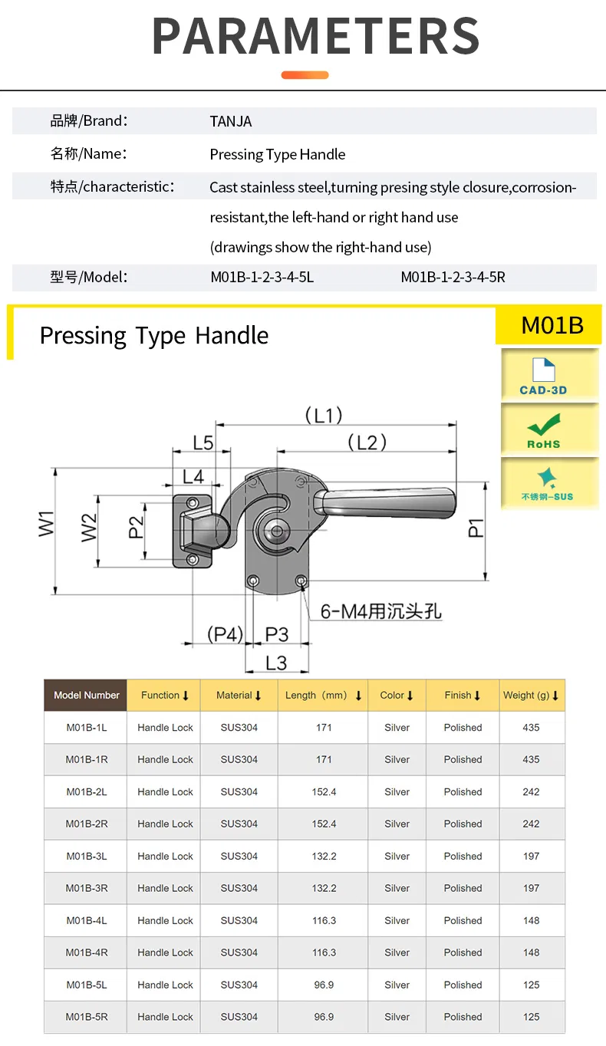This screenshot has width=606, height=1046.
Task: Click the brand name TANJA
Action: tap(230, 121)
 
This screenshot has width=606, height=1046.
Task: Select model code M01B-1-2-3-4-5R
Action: tap(453, 277)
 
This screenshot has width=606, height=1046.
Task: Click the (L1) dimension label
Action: tap(323, 416)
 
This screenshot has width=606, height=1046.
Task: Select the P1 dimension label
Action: tap(476, 528)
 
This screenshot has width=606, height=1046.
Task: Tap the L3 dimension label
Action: tap(276, 663)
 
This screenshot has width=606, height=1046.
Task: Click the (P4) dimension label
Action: tap(225, 634)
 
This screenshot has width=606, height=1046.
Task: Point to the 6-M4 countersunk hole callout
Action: tap(380, 611)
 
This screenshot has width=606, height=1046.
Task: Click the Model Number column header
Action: tap(86, 696)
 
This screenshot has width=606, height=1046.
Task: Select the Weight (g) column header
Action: tap(531, 696)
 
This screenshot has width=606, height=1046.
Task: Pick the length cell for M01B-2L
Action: tap(324, 792)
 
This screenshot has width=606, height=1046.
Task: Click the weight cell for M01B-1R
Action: tap(531, 760)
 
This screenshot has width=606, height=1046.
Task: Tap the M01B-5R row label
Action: tap(86, 1018)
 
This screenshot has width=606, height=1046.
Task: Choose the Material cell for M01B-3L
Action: tap(239, 857)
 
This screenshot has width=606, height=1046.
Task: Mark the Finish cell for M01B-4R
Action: tap(463, 953)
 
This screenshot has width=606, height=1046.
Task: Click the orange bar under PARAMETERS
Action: tap(305, 75)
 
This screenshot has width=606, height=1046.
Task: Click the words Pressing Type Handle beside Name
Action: tap(277, 154)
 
